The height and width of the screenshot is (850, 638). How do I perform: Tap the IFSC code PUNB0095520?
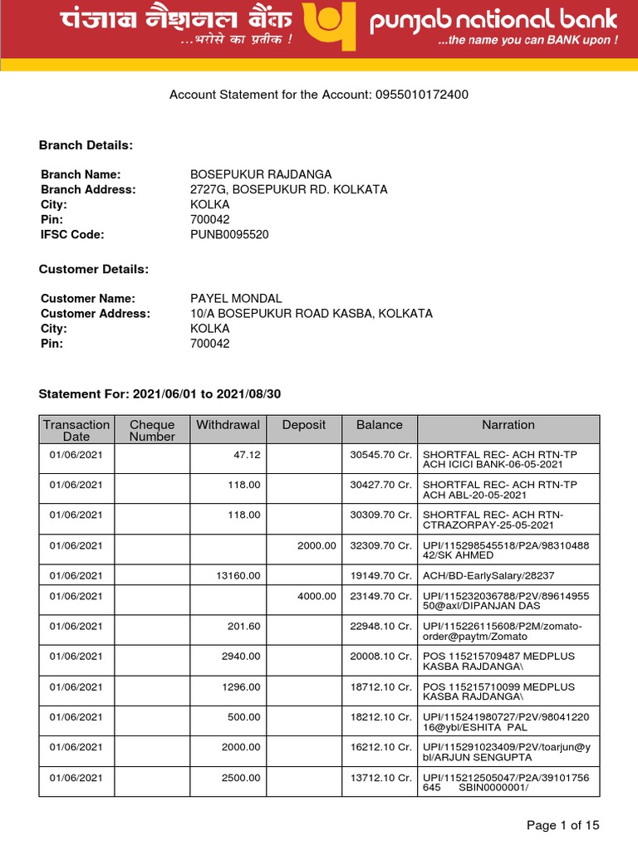coord(229,235)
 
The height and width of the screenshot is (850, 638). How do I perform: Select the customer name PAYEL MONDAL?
coord(236,299)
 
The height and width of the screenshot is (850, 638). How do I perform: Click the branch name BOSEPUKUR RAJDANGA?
coord(261,174)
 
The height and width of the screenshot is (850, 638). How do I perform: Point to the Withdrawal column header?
coord(228,425)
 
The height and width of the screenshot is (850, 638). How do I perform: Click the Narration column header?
coord(508,425)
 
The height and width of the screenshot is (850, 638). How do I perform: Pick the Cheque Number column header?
coord(152,431)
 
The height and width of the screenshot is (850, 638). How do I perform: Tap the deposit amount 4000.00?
coord(317,596)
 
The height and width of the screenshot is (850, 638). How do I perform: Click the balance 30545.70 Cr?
coord(380,455)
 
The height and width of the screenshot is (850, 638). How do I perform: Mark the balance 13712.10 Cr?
coord(380,778)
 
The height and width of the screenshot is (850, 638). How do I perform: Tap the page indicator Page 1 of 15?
coord(563,825)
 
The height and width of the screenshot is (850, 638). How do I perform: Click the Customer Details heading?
coord(94,270)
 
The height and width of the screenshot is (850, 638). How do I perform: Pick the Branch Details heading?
coord(86,145)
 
